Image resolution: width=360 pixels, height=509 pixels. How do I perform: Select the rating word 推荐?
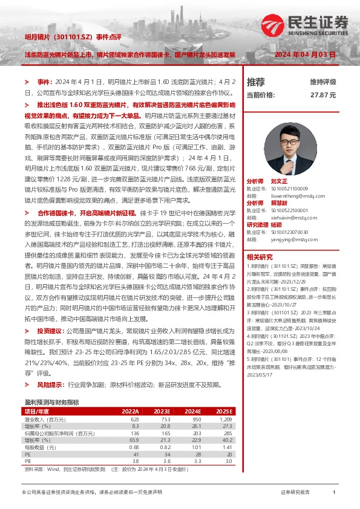[256, 82]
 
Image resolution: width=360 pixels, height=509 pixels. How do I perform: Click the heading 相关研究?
[259, 257]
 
